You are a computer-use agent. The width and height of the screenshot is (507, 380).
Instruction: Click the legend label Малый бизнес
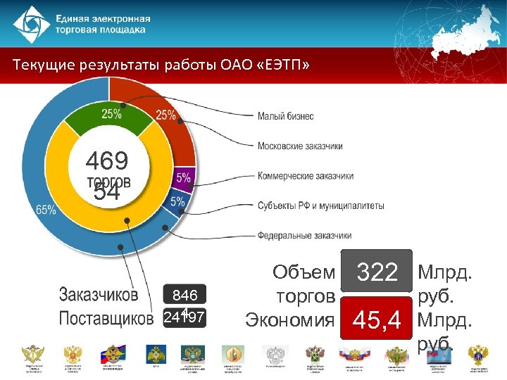[285, 116]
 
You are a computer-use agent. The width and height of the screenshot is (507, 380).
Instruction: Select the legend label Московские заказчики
[300, 146]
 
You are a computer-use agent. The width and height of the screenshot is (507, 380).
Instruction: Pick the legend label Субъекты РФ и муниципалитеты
[320, 205]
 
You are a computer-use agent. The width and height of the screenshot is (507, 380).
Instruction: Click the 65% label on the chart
[46, 210]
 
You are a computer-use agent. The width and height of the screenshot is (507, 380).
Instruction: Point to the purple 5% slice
[183, 177]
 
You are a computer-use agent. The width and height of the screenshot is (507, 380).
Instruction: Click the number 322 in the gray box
[377, 272]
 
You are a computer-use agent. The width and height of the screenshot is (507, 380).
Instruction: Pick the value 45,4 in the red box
[377, 321]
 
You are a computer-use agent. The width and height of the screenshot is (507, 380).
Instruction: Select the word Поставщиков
[106, 318]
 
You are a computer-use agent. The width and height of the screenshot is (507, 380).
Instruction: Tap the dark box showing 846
[184, 294]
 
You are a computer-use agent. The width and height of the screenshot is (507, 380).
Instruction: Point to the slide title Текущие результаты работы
[161, 66]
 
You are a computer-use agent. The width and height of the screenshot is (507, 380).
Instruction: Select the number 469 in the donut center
[107, 161]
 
